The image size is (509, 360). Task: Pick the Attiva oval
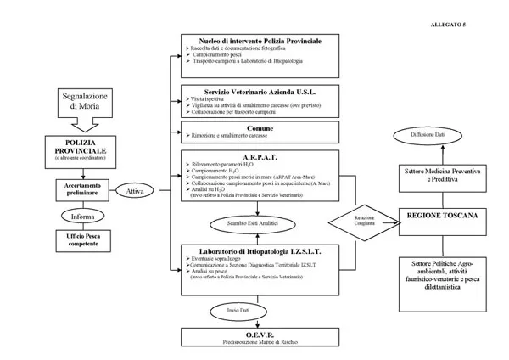coord(135,192)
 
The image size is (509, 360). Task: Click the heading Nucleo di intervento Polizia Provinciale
coord(260,41)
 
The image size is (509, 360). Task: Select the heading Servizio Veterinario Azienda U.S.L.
coord(260,90)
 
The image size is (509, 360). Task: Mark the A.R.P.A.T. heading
coord(260,155)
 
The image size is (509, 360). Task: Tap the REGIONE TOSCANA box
coord(441,217)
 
